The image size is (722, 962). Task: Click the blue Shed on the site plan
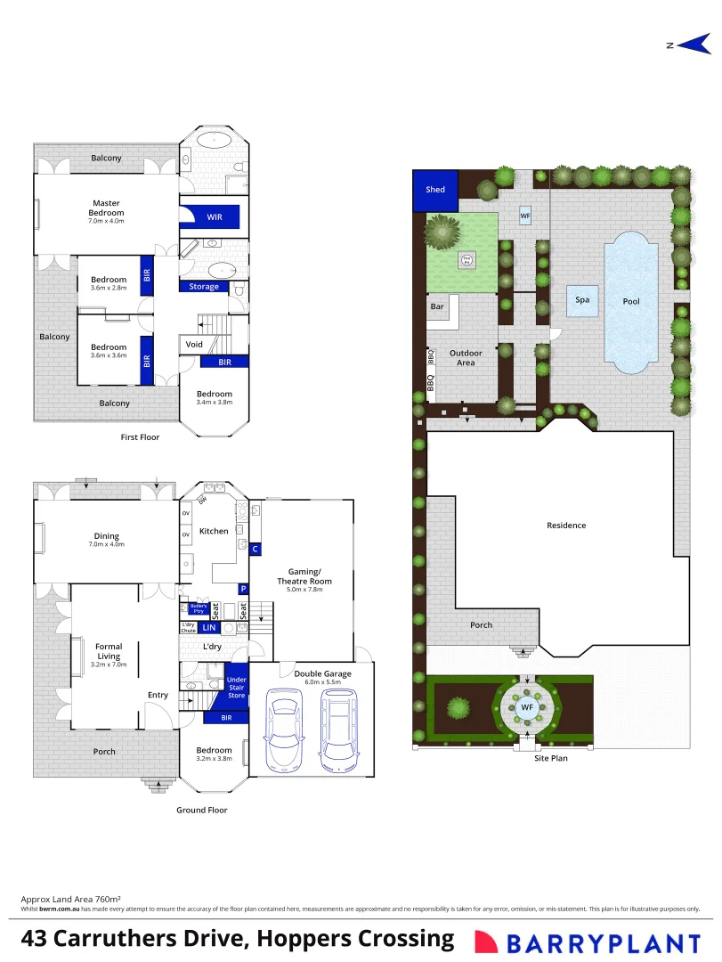click(x=435, y=190)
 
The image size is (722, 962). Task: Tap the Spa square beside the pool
click(x=582, y=300)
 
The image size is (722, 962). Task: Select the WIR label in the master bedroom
click(x=215, y=216)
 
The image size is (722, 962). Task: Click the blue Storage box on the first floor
click(x=204, y=287)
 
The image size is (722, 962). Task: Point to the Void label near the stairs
click(x=194, y=344)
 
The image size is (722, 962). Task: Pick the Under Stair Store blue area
click(x=236, y=687)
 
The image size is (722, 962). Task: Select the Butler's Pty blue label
click(x=199, y=608)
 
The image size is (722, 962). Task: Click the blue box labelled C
click(x=256, y=549)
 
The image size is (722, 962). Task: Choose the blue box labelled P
click(x=243, y=589)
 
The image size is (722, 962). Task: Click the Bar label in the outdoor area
click(x=437, y=306)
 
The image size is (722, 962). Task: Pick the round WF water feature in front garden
click(x=527, y=708)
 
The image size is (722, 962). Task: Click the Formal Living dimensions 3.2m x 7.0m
click(x=109, y=664)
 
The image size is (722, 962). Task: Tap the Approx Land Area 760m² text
click(x=70, y=900)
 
